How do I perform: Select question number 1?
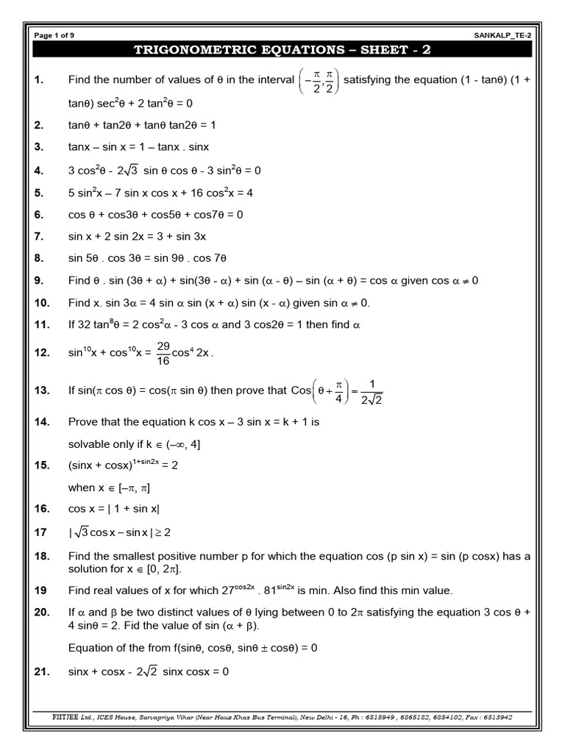(40, 79)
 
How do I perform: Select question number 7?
(40, 236)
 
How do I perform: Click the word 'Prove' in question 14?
(83, 422)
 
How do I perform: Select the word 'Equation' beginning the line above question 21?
(92, 648)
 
